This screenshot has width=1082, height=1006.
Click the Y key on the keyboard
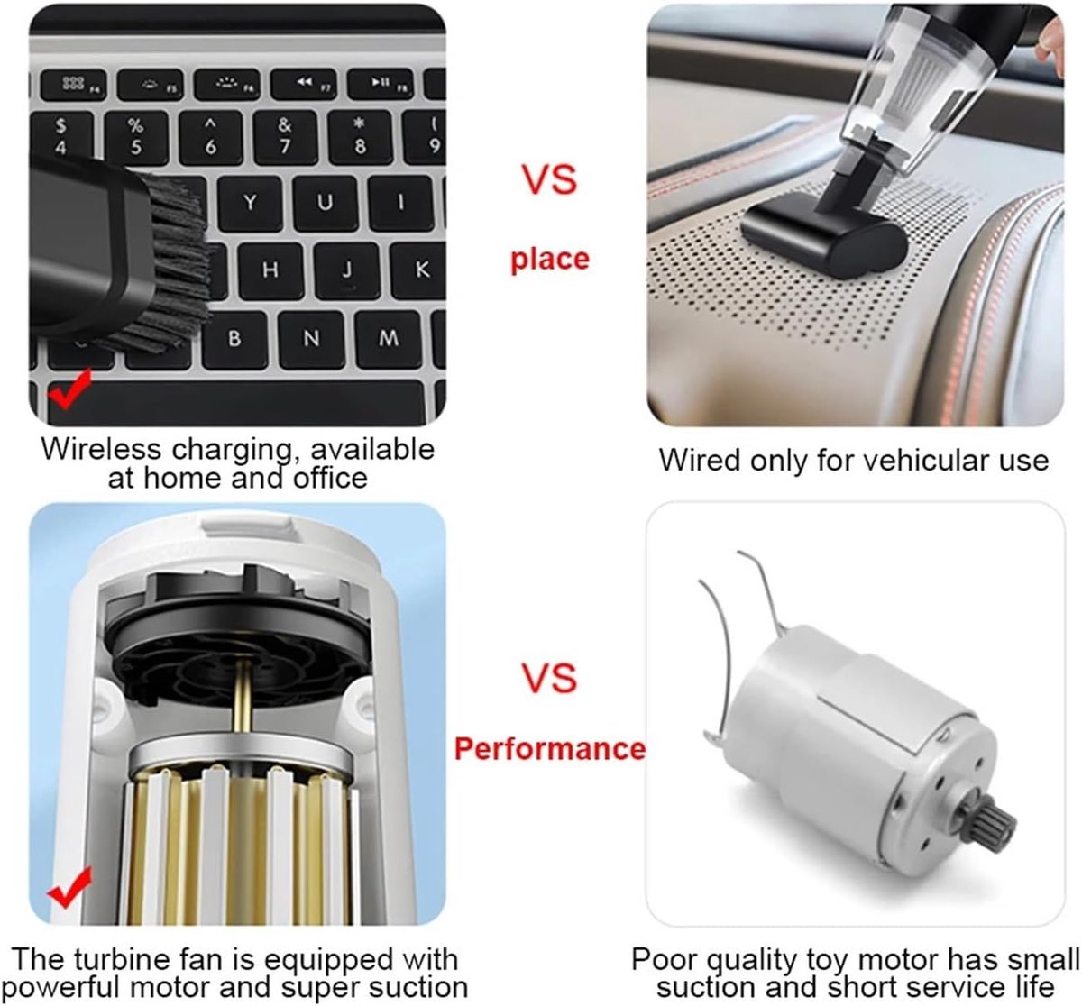[250, 204]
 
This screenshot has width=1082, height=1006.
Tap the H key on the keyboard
[270, 270]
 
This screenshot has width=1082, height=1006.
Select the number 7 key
[285, 137]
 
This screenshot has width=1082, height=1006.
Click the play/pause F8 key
[381, 84]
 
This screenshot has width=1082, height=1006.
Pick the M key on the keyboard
[388, 339]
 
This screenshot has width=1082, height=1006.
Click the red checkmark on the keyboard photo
[70, 389]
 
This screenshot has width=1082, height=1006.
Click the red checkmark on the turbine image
[69, 887]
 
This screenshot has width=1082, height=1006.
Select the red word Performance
[550, 748]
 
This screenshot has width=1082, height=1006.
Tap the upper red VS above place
[550, 179]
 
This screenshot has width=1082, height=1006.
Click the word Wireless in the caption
[101, 450]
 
